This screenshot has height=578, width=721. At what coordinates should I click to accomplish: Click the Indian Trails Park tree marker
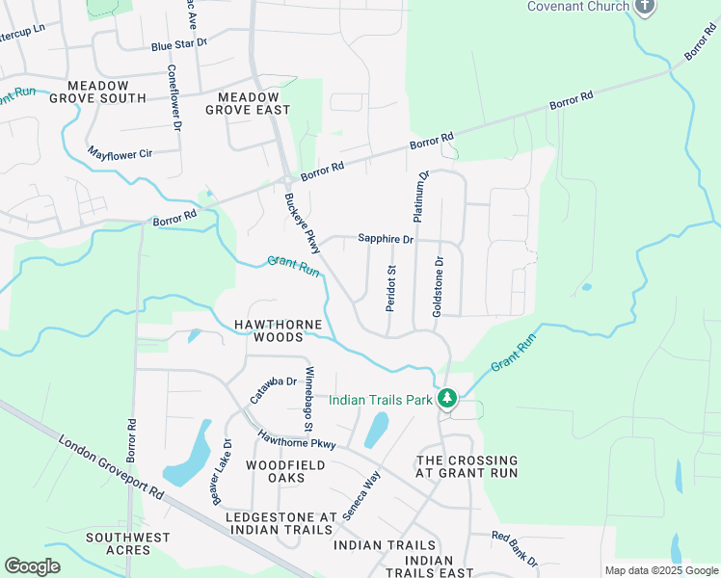pos(446,398)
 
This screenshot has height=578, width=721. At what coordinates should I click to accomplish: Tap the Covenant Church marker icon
pos(645,7)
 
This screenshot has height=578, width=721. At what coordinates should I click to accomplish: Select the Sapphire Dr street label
pos(385,238)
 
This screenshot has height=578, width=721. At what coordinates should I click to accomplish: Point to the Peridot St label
pos(391,288)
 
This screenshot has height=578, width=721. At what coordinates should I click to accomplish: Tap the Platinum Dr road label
pos(421,197)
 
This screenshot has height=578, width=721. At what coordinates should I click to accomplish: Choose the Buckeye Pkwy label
pos(295,223)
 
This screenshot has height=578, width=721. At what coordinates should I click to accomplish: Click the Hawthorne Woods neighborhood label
pos(278,330)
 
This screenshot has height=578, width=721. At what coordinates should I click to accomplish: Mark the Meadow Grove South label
pos(97,91)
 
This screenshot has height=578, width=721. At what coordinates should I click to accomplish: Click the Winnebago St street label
pos(309,398)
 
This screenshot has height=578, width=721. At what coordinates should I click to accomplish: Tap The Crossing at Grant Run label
pos(467,466)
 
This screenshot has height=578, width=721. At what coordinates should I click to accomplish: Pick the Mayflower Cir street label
pos(120,152)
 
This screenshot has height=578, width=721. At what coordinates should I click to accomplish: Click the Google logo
pos(32,565)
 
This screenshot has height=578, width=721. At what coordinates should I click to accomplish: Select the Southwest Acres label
pos(127,543)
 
